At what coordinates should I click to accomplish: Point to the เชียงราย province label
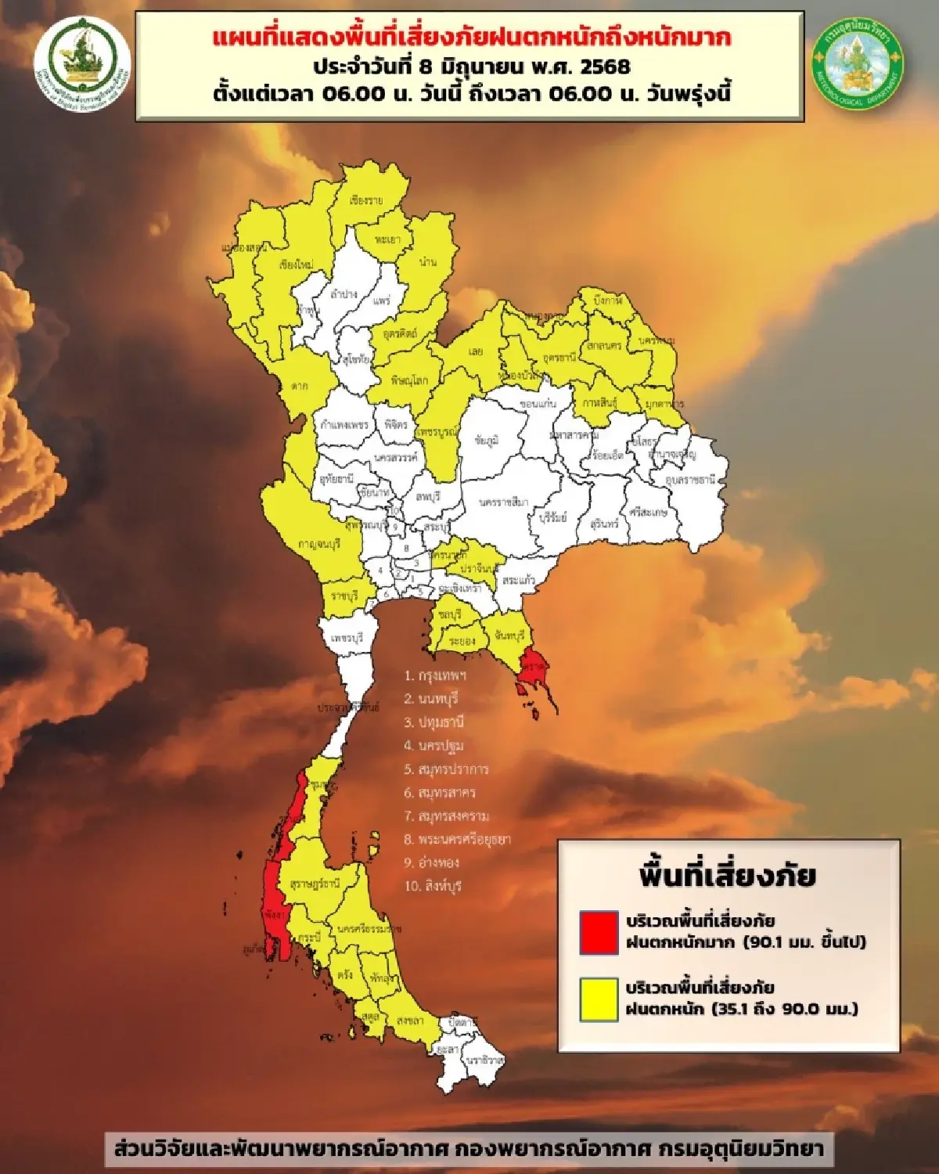click(366, 200)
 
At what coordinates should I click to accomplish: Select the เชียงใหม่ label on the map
click(296, 265)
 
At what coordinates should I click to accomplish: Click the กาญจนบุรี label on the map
click(318, 543)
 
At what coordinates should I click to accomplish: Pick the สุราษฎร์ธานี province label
click(315, 884)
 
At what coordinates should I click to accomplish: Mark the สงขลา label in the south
click(410, 1021)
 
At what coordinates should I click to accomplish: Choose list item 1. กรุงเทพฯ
click(435, 675)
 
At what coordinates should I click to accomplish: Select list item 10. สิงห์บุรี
click(433, 886)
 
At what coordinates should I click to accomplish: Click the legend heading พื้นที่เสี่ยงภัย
click(728, 875)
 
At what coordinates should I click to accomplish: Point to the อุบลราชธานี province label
click(689, 479)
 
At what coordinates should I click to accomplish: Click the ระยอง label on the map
click(462, 640)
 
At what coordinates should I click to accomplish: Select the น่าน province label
click(427, 262)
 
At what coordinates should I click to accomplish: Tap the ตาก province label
click(298, 385)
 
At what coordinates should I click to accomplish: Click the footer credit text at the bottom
click(469, 1148)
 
